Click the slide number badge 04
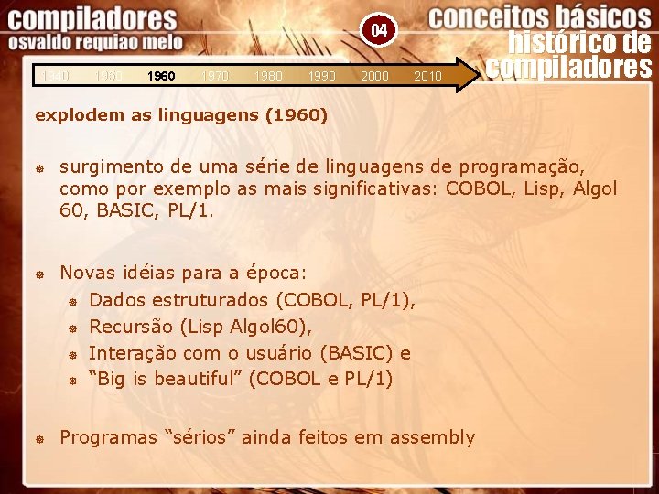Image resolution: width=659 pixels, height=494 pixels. [x=379, y=31]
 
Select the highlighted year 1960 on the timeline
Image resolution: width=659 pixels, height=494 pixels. [x=161, y=77]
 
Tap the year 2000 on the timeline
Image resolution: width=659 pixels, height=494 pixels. [x=374, y=77]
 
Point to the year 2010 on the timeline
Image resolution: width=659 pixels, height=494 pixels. [x=427, y=77]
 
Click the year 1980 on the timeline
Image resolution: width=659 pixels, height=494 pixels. [x=268, y=77]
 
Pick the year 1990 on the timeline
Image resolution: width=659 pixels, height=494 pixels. [x=321, y=77]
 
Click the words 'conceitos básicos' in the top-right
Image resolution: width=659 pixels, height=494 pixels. [x=539, y=16]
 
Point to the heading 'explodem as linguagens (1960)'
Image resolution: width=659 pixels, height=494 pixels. [x=180, y=116]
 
